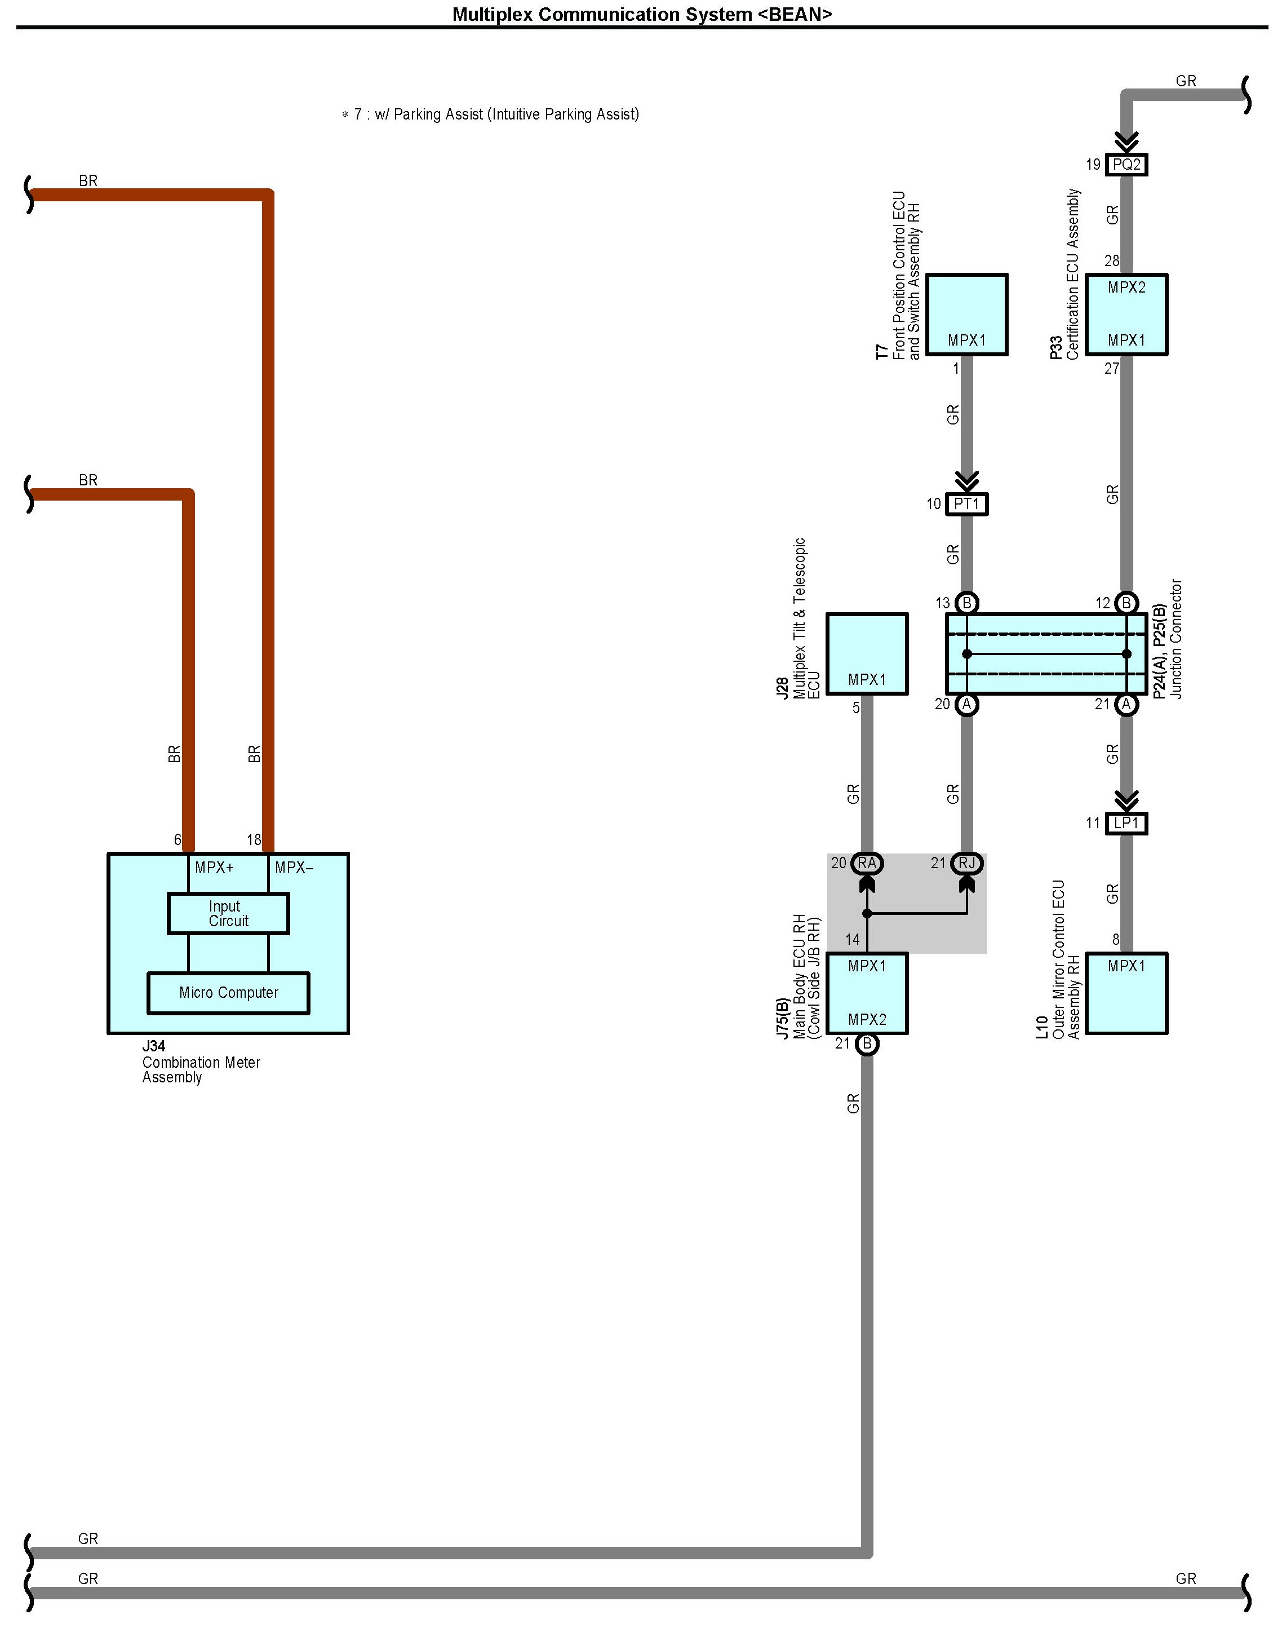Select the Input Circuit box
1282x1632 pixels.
click(x=228, y=914)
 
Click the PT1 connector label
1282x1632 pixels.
click(x=967, y=504)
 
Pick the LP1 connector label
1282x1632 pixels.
click(x=1126, y=824)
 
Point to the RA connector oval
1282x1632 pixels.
click(x=867, y=863)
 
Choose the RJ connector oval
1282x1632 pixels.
click(x=967, y=863)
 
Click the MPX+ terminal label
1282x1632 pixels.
click(x=214, y=868)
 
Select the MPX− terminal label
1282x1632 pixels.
click(x=294, y=868)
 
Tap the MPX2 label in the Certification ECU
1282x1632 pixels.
click(x=1126, y=288)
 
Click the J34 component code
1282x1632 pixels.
click(x=154, y=1046)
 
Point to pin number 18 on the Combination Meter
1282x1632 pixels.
click(x=254, y=840)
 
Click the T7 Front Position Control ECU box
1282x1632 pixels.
click(x=967, y=314)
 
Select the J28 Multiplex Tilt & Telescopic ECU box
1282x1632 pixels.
click(x=867, y=653)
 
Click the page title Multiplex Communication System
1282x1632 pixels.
click(x=642, y=14)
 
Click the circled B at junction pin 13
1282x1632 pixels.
click(x=967, y=603)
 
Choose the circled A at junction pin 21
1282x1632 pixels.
click(x=1126, y=704)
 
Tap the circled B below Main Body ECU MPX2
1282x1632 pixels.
click(x=867, y=1043)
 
